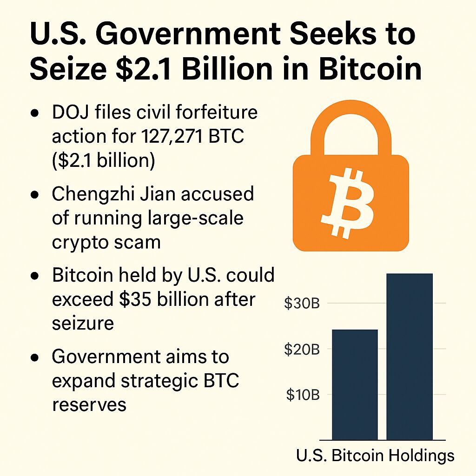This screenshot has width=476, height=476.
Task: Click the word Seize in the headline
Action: pos(67,70)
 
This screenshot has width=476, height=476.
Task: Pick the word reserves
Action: pos(89,404)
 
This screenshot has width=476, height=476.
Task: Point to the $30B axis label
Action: pos(302,304)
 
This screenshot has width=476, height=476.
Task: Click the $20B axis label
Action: pos(302,350)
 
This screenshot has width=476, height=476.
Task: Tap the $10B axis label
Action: pos(302,395)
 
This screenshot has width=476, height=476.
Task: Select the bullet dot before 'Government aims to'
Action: pos(34,358)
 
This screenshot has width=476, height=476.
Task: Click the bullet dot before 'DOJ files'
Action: pos(34,114)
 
